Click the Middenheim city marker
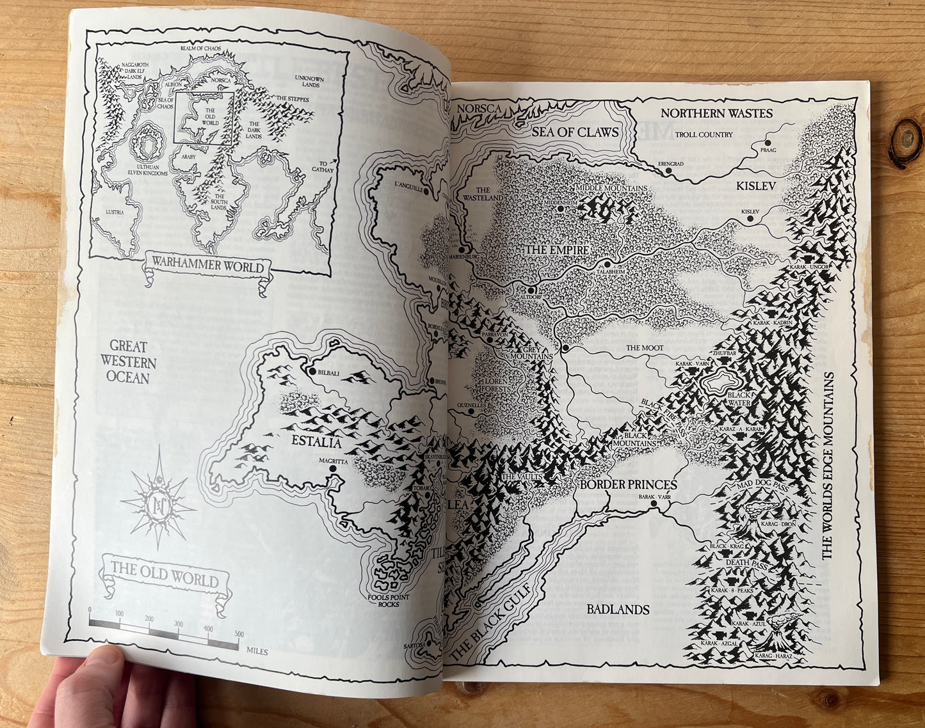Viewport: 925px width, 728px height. click(560, 209)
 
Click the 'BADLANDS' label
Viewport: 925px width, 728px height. click(618, 609)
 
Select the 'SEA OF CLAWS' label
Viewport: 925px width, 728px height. click(575, 132)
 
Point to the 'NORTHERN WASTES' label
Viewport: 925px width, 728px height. click(716, 114)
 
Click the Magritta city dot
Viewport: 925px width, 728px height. click(333, 468)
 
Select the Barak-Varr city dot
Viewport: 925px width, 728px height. click(654, 504)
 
